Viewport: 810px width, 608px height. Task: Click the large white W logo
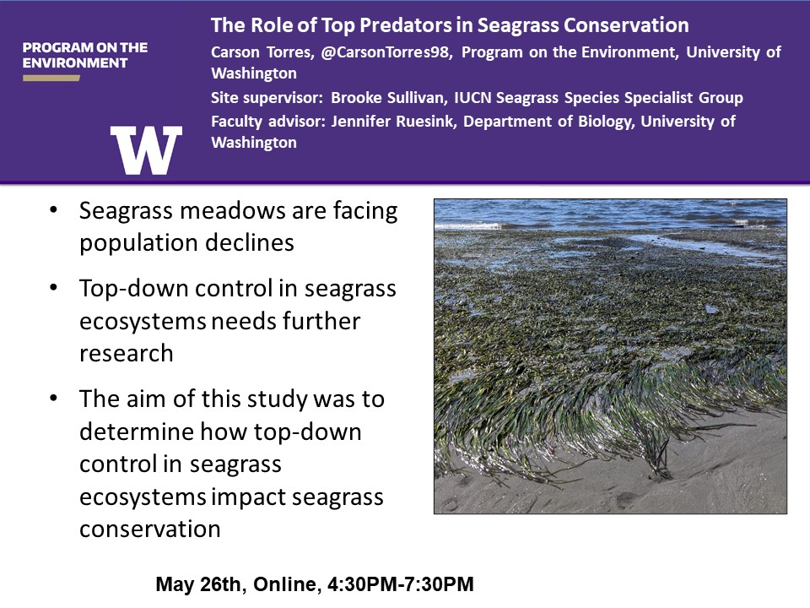coord(146,150)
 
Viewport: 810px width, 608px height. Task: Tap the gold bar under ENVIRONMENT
coord(51,78)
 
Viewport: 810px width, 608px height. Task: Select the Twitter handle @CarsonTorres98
coord(386,52)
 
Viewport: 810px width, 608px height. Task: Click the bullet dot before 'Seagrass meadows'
coord(53,210)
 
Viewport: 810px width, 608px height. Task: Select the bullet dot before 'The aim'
coord(53,399)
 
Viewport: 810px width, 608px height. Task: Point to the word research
coord(126,353)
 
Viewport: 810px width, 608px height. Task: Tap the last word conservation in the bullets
coord(150,529)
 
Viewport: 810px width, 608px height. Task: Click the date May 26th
coord(197,584)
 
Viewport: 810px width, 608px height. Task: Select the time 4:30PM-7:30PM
coord(400,584)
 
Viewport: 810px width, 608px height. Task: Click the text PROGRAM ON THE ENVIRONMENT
coord(85,56)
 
